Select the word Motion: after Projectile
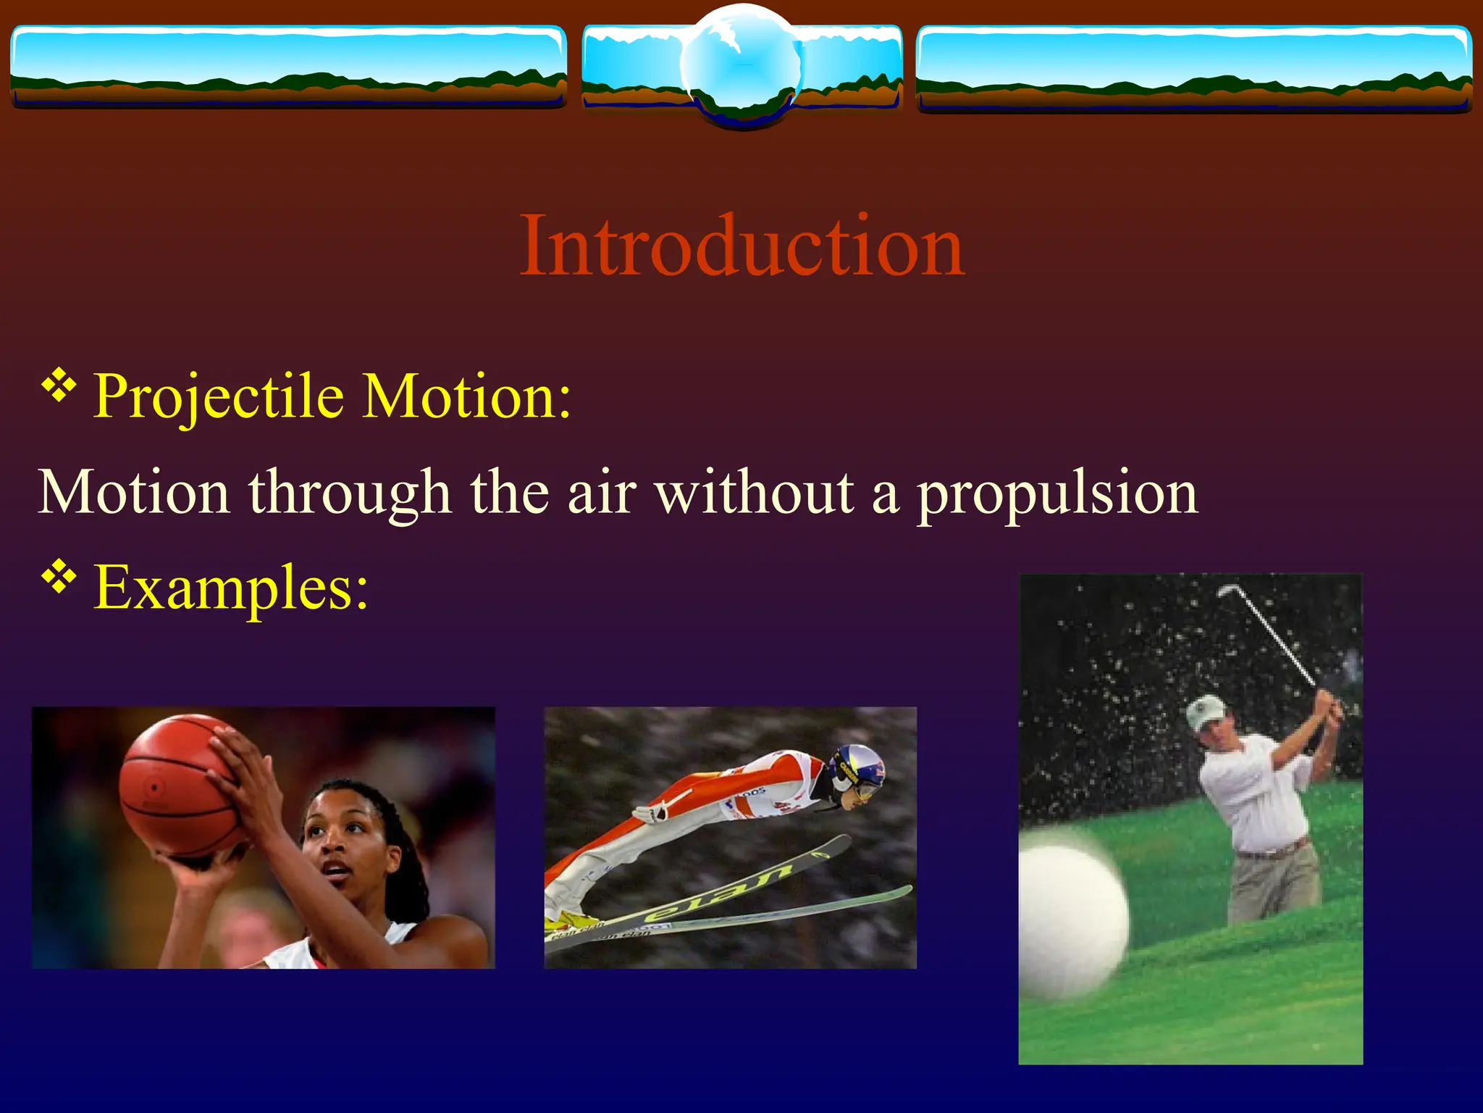(467, 397)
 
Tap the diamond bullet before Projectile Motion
(59, 386)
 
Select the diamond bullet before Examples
(59, 578)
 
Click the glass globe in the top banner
(741, 65)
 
